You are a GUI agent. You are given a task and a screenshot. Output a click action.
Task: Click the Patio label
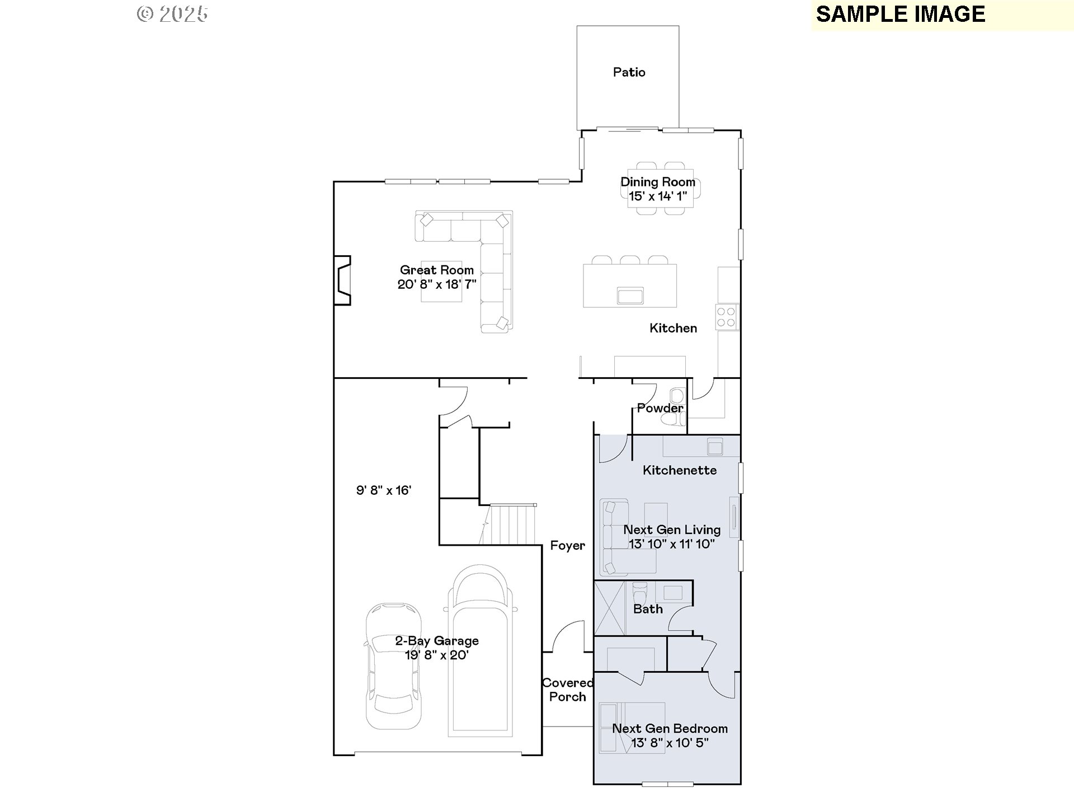[x=629, y=72]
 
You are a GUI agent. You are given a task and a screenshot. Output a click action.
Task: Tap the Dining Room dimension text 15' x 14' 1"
[x=658, y=196]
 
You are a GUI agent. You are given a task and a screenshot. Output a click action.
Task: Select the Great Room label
[x=437, y=270]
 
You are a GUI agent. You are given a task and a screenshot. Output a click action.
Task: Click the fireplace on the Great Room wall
[x=342, y=280]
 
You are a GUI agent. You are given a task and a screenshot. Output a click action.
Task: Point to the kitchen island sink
[x=630, y=295]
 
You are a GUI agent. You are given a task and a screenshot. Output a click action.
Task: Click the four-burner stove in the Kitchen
[x=727, y=317]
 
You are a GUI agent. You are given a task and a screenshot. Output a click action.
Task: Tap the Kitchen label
[x=673, y=328]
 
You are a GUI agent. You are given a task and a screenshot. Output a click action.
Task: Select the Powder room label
[x=660, y=408]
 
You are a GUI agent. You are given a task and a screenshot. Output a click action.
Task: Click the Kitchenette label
[x=680, y=470]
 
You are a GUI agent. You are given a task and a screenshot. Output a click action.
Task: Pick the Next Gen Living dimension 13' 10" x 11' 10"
[x=672, y=543]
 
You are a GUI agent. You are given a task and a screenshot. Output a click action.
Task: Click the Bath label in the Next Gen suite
[x=648, y=609]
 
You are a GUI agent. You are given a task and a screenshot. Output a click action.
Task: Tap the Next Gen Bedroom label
[x=670, y=728]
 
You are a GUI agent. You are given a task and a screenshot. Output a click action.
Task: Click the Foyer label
[x=568, y=546]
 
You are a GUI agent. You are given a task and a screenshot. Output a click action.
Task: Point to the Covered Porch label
[x=568, y=690]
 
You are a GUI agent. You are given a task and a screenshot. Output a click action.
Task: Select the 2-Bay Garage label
[x=437, y=641]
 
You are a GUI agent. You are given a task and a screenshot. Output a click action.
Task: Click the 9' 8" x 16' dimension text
[x=384, y=490]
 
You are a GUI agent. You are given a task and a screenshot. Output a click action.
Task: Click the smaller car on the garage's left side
[x=393, y=666]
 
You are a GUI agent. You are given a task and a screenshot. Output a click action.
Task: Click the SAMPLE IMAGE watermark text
[x=901, y=14]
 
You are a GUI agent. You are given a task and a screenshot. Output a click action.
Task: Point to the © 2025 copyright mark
[x=172, y=14]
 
